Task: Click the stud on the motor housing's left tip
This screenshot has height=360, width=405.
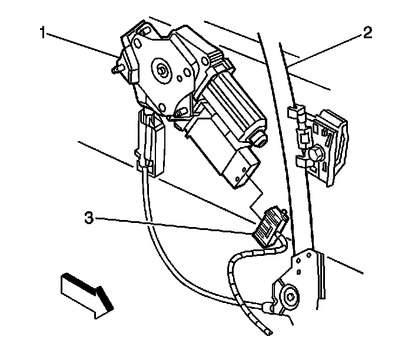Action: (114, 69)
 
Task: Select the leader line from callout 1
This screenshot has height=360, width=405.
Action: (82, 45)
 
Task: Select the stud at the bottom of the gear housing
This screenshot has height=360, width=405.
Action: (181, 111)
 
